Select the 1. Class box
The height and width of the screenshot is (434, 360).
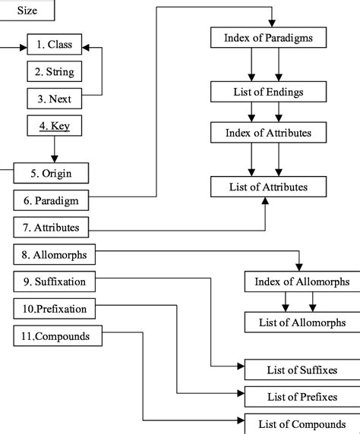(x=54, y=46)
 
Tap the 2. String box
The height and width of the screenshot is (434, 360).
(x=54, y=72)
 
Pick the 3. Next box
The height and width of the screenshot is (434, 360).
(x=54, y=99)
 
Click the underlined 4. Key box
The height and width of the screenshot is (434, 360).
(x=54, y=125)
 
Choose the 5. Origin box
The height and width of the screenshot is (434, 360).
(x=51, y=173)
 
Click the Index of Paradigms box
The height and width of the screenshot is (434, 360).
(x=268, y=37)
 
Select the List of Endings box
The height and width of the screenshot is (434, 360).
(x=268, y=93)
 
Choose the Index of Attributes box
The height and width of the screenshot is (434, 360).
(x=268, y=133)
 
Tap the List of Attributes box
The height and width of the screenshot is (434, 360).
(x=268, y=186)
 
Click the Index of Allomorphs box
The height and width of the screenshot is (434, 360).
(x=302, y=281)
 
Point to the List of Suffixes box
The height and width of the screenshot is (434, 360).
(x=302, y=370)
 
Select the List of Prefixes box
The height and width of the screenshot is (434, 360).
(x=302, y=396)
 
